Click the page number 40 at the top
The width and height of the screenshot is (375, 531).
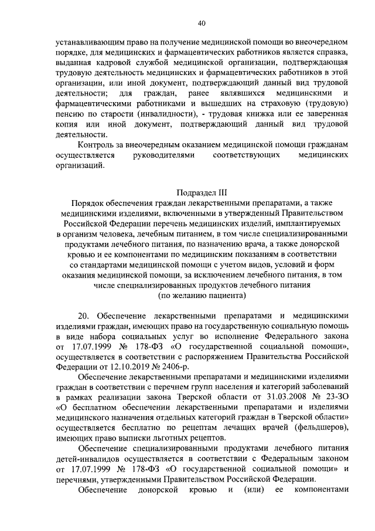pyautogui.click(x=202, y=23)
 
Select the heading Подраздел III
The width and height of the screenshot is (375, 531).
pyautogui.click(x=202, y=192)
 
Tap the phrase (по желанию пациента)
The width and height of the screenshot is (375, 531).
pyautogui.click(x=202, y=296)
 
